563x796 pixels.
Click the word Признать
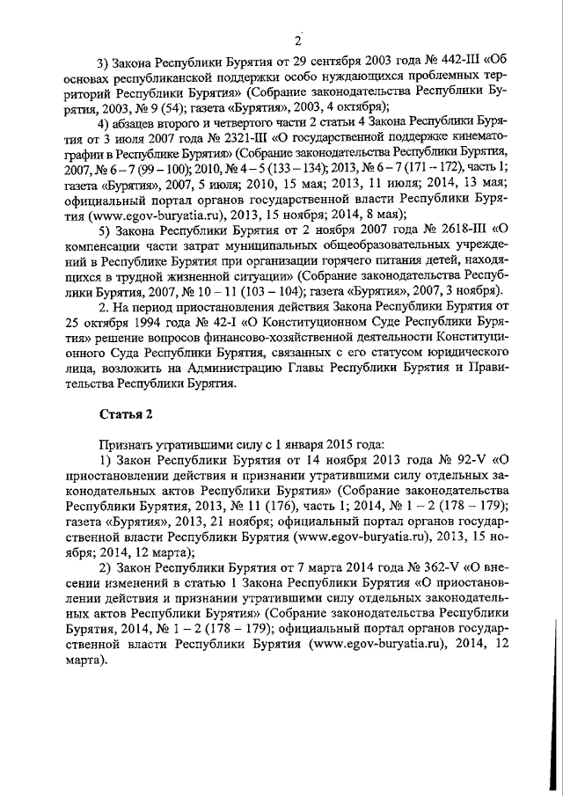(x=127, y=442)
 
